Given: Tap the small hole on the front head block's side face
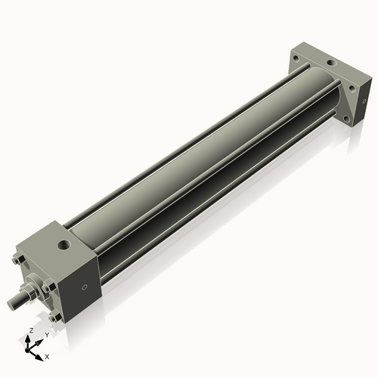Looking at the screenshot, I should point(85,286).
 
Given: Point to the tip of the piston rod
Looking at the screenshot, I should point(13,305).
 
